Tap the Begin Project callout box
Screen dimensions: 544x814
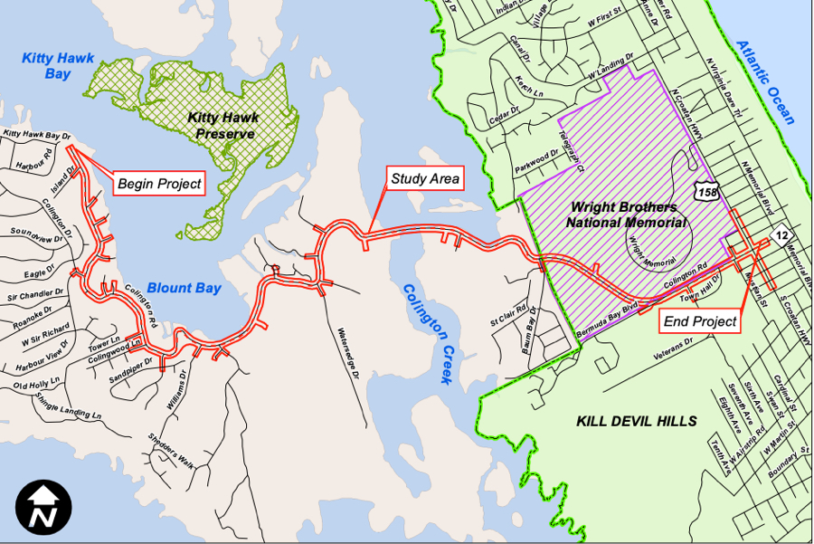click(x=159, y=184)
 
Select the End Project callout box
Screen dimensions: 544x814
click(x=700, y=320)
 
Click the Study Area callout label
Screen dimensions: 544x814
click(x=424, y=178)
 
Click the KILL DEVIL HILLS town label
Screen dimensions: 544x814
click(x=637, y=422)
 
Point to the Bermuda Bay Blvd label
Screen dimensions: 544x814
click(x=607, y=320)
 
